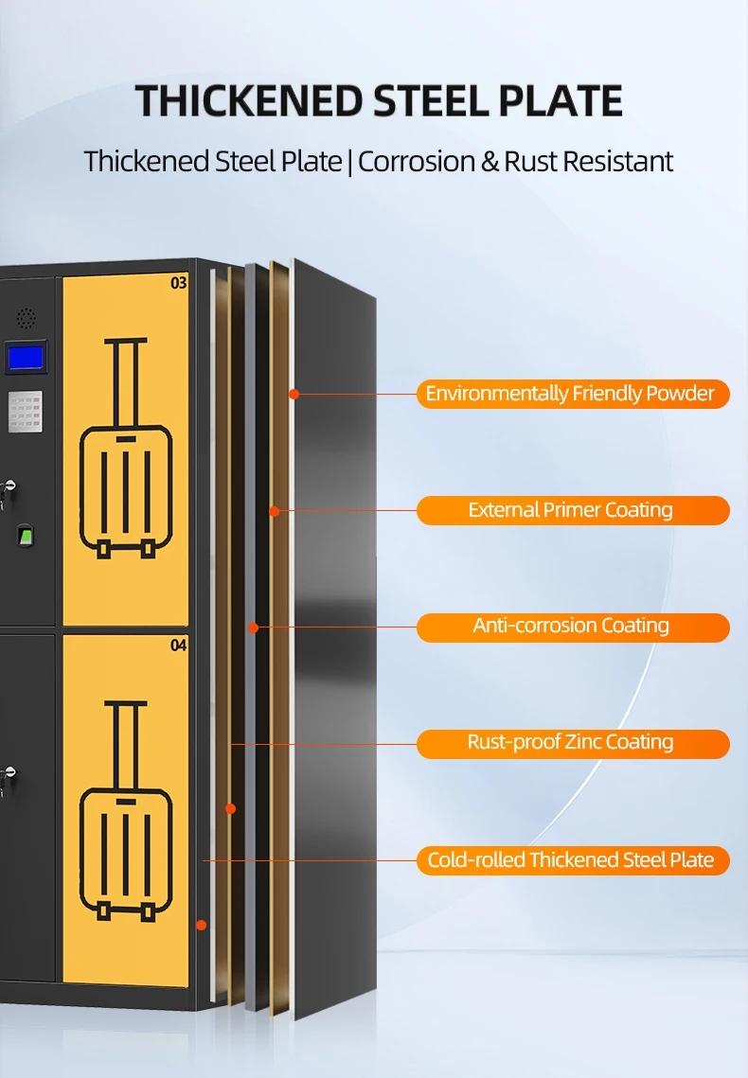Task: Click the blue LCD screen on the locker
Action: point(25,358)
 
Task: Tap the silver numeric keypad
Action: point(26,412)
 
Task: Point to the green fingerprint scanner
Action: point(26,537)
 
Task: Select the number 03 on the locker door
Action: point(178,282)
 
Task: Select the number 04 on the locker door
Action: point(178,645)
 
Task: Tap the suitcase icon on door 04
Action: point(126,810)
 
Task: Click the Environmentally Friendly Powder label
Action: point(572,394)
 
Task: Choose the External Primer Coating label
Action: point(572,510)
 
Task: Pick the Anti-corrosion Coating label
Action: point(572,627)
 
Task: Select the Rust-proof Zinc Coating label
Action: point(572,743)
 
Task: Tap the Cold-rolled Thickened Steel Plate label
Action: point(572,859)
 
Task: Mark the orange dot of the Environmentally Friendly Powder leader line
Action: point(294,394)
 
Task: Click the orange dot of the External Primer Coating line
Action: point(274,511)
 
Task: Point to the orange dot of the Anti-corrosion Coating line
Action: point(253,627)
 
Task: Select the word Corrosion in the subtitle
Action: point(417,161)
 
